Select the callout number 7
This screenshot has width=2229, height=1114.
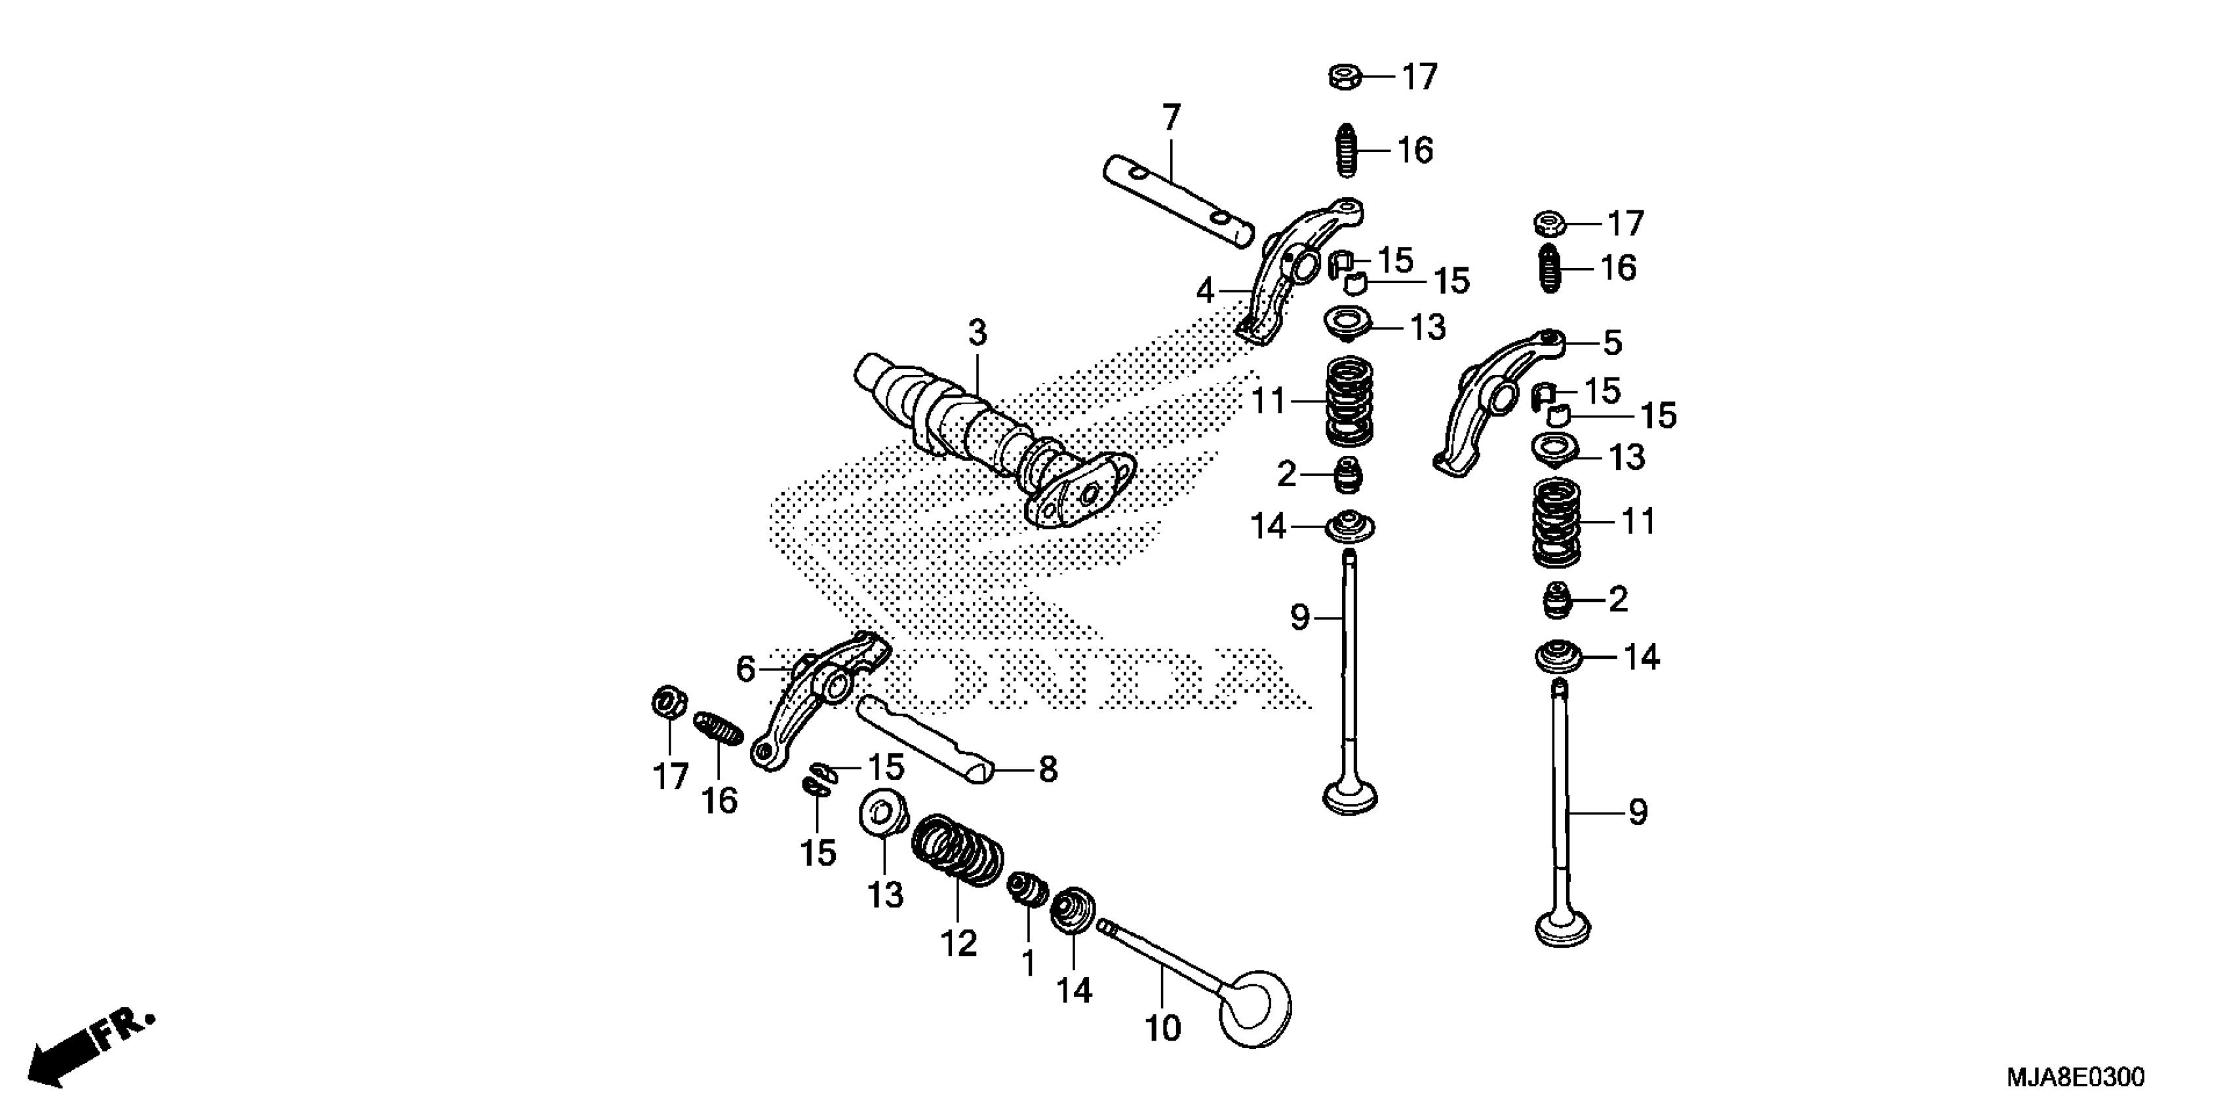coord(1171,118)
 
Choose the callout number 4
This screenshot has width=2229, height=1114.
coord(1206,292)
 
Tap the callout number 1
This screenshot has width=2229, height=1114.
coord(1028,963)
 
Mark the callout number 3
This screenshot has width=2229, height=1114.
coord(977,332)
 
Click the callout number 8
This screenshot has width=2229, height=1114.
coord(1048,769)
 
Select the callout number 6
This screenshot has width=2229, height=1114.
coord(745,668)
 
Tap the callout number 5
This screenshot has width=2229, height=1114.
coord(1612,343)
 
